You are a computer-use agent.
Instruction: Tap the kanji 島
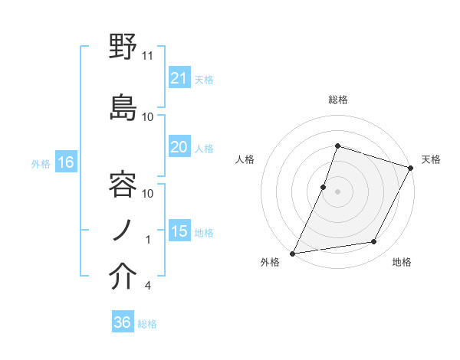(123, 106)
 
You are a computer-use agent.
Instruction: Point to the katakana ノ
(123, 230)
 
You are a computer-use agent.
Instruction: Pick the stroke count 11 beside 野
(148, 56)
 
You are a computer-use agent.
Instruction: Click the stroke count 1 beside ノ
(148, 240)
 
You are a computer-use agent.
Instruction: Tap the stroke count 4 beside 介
(147, 286)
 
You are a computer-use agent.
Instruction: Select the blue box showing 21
(179, 77)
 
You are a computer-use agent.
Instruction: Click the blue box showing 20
(179, 147)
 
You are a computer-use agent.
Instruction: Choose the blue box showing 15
(179, 231)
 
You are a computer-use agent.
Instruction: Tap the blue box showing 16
(65, 162)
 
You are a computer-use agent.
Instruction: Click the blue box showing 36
(123, 322)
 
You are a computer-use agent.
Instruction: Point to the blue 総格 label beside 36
(147, 324)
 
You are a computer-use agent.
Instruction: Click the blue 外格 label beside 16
(41, 163)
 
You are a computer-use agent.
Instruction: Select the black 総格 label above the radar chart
(337, 100)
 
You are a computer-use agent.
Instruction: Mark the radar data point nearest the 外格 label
(293, 253)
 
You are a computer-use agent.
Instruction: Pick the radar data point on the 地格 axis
(374, 242)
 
